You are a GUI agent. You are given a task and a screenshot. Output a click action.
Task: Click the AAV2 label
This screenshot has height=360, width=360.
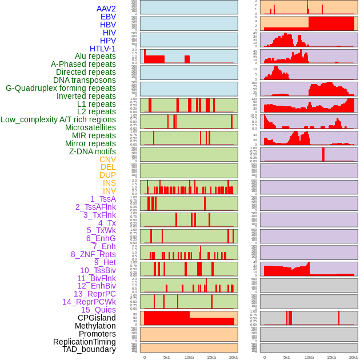coord(106,9)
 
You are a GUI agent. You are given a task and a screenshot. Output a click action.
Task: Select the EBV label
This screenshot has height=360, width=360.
coord(108,17)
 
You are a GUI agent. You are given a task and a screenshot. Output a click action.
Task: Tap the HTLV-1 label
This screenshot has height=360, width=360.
coord(103,49)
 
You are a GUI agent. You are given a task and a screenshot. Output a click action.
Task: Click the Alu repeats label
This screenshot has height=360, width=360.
coord(95,56)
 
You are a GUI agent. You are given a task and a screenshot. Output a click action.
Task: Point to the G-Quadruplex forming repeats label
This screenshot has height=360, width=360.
coord(61,88)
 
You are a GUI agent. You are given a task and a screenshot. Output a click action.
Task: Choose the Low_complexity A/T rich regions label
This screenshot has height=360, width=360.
coord(58,119)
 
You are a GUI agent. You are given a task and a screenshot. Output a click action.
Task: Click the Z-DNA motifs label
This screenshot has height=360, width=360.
coord(93,151)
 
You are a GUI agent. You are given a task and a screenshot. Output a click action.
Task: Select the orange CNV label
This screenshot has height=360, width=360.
coord(107,159)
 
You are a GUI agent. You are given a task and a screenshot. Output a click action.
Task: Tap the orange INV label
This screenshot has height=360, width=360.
coord(109,191)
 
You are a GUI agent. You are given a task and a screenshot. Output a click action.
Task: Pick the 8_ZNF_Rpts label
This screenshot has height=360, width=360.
coord(93,254)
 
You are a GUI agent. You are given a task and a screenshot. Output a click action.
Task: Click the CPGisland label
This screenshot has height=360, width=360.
coord(97,318)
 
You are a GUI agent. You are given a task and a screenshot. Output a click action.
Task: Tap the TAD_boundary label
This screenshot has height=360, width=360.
coord(89,349)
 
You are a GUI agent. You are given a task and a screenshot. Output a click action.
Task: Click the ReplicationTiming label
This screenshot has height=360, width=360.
coord(85,342)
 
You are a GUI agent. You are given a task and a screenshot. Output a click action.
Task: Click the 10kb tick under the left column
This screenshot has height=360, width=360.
coord(189,357)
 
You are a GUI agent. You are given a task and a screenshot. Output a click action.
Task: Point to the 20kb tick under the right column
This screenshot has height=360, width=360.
coord(354,357)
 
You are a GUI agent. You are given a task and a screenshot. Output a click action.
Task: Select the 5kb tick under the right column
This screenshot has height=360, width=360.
coord(287,357)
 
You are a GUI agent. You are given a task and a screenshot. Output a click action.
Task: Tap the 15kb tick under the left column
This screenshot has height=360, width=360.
coord(211,357)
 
